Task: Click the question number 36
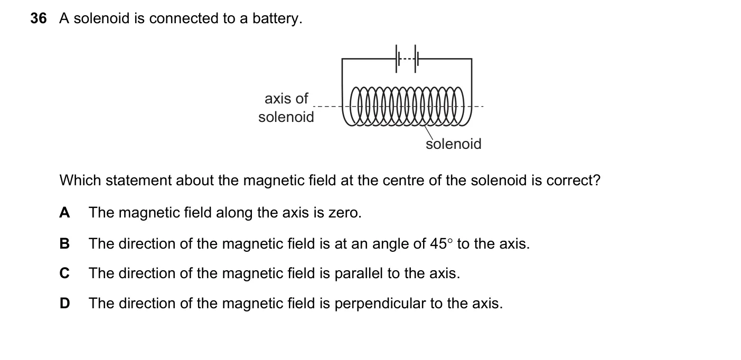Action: (39, 18)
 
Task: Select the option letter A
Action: (64, 213)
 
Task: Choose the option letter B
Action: (64, 244)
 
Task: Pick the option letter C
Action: (64, 273)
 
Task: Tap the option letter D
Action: (64, 303)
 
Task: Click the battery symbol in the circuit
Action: (406, 59)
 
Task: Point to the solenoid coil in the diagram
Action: (407, 107)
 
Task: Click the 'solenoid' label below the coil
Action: (454, 144)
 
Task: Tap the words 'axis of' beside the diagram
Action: (286, 99)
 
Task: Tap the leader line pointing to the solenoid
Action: (429, 132)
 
